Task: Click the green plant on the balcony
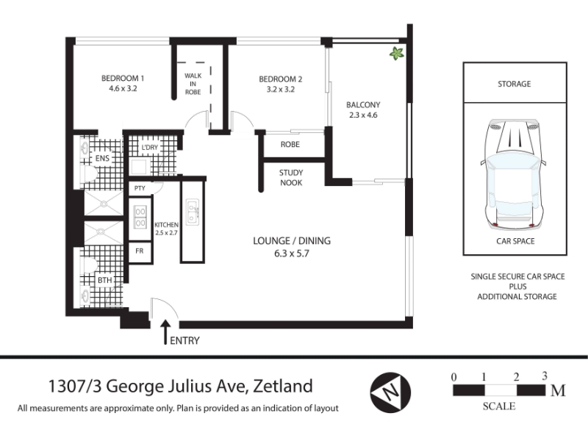tap(397, 54)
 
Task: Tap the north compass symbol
tap(390, 392)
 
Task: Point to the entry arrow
tap(165, 331)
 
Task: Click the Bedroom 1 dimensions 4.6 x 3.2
tap(123, 88)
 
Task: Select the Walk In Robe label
tap(193, 84)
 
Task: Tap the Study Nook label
tap(291, 178)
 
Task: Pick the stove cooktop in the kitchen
tap(140, 218)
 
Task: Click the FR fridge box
tap(140, 251)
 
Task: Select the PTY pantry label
tap(140, 188)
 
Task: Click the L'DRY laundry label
tap(150, 148)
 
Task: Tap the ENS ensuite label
tap(102, 158)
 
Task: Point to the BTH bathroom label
tap(104, 280)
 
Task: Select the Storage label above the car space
tap(514, 84)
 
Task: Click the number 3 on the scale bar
tap(545, 376)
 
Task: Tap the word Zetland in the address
tap(283, 387)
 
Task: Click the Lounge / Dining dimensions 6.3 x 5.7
tap(292, 254)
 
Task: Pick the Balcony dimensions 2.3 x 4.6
tap(363, 115)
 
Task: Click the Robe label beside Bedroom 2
tap(290, 144)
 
